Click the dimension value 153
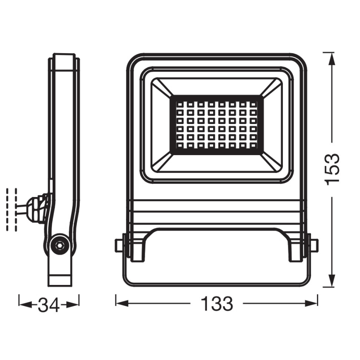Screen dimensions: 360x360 pyautogui.click(x=333, y=169)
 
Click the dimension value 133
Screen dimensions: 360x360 pyautogui.click(x=216, y=304)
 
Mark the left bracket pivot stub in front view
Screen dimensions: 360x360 pyautogui.click(x=119, y=245)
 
